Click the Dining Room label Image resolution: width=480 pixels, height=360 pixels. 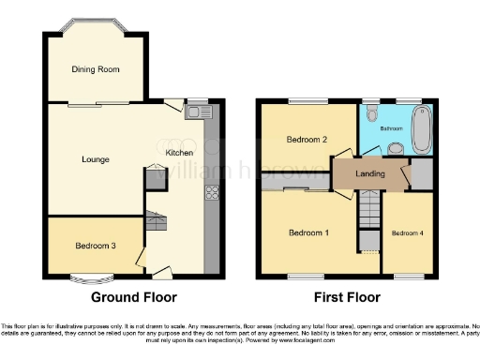click(96, 68)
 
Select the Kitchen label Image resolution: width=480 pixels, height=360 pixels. click(179, 153)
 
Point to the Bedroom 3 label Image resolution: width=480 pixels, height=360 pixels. click(95, 246)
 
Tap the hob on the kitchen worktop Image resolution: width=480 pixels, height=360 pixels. click(211, 195)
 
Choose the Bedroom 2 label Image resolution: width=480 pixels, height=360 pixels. click(307, 140)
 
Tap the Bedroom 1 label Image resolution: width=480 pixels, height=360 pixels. click(307, 232)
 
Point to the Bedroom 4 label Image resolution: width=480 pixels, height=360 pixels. click(407, 232)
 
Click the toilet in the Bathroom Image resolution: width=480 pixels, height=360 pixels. click(372, 114)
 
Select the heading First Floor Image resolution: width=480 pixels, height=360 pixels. click(348, 297)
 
